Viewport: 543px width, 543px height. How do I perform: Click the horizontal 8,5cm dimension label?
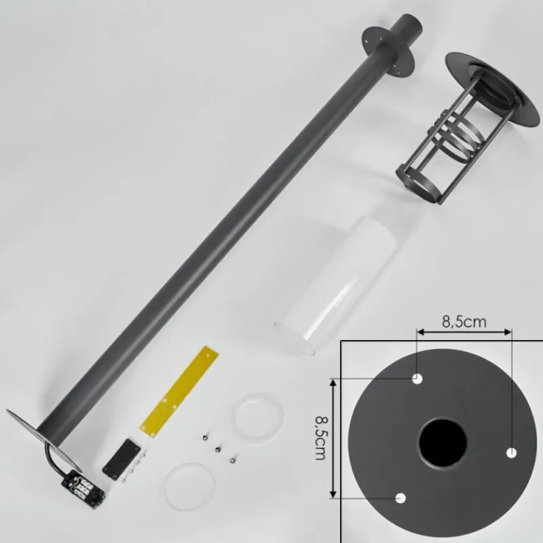464,322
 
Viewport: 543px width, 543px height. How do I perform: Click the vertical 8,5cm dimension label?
320,437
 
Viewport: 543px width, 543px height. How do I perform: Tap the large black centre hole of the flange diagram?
443,443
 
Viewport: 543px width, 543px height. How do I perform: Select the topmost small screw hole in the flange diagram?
417,379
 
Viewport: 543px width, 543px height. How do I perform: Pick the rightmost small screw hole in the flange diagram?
512,453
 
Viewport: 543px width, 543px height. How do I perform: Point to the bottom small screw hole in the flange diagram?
401,498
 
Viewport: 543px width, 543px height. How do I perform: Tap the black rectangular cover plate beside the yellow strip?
121,459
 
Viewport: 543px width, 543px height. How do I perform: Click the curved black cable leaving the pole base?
54,456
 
